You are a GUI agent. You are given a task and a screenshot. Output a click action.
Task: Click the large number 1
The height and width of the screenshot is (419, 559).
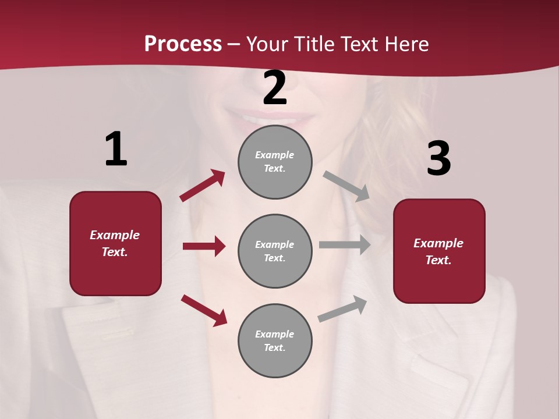point(116,150)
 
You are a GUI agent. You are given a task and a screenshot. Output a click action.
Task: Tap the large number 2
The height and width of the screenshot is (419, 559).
point(275,88)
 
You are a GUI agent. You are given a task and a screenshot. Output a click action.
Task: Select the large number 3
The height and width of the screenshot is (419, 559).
point(438,159)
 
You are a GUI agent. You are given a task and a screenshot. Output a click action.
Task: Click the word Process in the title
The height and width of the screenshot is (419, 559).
point(183,44)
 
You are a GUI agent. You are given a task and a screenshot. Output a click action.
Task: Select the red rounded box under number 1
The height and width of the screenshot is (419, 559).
point(115,243)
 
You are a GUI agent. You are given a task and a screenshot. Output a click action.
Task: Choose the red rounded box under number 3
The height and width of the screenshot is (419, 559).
point(439,251)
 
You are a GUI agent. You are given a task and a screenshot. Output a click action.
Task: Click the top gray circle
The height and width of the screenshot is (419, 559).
point(275,162)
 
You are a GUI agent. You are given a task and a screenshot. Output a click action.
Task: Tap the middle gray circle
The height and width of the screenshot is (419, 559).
point(275,251)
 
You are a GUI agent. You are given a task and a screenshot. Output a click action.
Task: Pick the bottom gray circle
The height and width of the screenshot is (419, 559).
point(275,341)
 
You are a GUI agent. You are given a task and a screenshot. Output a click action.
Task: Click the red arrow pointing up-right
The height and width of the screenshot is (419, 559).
point(203,186)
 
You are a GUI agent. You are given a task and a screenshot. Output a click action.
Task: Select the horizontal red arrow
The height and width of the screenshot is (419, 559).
point(204,246)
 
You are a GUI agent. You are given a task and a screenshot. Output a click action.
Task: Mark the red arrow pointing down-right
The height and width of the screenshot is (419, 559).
point(204,310)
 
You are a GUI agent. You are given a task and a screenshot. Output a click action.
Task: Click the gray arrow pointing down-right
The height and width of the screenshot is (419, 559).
point(347,186)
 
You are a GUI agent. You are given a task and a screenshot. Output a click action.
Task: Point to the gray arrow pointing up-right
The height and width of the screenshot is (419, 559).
point(343,309)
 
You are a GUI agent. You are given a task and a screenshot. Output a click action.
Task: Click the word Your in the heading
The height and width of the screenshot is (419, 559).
point(268,44)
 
